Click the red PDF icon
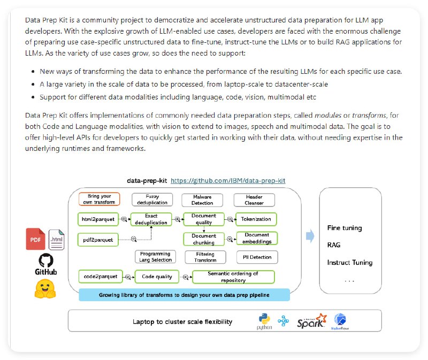click(36, 239)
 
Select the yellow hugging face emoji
click(46, 289)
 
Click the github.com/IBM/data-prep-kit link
click(228, 181)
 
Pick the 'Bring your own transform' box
click(100, 200)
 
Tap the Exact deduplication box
click(151, 219)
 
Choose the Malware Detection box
click(202, 200)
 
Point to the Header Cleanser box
click(254, 200)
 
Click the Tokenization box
click(257, 219)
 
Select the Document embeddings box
click(257, 239)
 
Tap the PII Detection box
click(257, 257)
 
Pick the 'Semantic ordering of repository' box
click(233, 277)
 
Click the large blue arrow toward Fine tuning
click(310, 236)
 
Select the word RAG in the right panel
click(334, 245)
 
